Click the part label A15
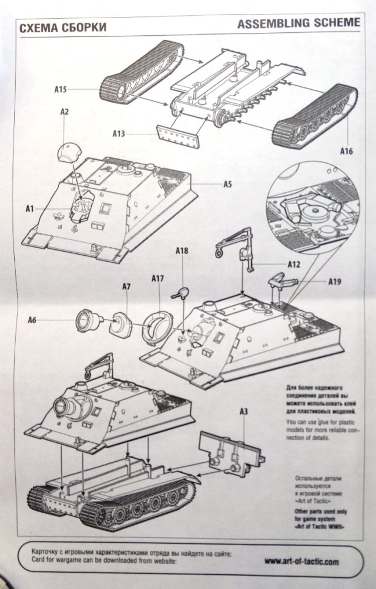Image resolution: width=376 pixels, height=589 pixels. (x=60, y=89)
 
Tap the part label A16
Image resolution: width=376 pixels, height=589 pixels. (x=346, y=151)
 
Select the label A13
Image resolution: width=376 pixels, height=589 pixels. (x=120, y=133)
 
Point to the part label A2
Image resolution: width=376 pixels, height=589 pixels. (x=65, y=111)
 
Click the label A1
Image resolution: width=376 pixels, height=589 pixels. (x=31, y=208)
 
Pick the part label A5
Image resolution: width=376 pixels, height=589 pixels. (x=228, y=184)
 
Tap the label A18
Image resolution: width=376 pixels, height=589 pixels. (x=182, y=251)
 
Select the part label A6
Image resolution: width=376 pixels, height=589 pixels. (x=34, y=320)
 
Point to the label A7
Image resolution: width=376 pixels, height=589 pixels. (x=126, y=286)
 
